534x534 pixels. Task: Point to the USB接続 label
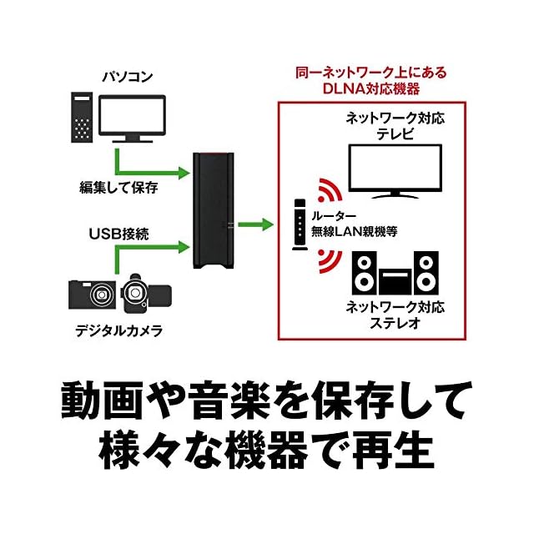(x=118, y=234)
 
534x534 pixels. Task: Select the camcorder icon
(x=144, y=294)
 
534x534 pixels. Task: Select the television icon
(x=395, y=172)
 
